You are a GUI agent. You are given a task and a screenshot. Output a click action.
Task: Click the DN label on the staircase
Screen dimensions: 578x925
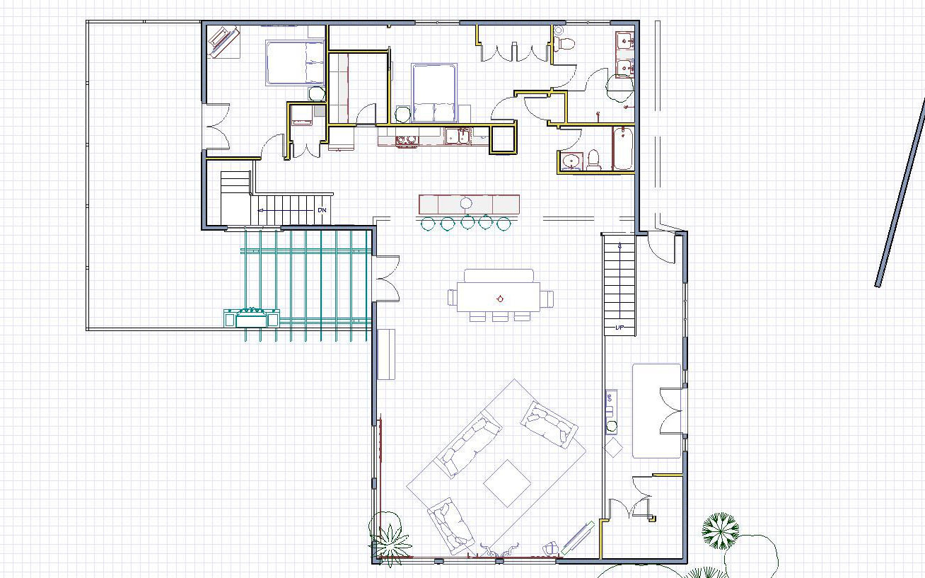pyautogui.click(x=322, y=210)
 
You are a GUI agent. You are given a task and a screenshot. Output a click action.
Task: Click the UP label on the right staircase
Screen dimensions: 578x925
pyautogui.click(x=619, y=328)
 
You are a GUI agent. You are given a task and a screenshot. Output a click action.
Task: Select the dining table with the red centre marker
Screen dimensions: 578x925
pyautogui.click(x=499, y=298)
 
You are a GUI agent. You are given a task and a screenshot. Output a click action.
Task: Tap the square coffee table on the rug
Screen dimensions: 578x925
pyautogui.click(x=507, y=483)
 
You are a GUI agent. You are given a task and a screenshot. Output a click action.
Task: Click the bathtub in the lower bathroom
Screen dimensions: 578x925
pyautogui.click(x=622, y=149)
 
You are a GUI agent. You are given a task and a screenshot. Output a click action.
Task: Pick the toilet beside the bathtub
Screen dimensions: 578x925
pyautogui.click(x=594, y=159)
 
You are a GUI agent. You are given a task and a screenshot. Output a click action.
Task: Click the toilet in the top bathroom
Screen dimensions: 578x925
pyautogui.click(x=564, y=43)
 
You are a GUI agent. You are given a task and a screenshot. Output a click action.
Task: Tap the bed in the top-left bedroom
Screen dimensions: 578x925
pyautogui.click(x=294, y=62)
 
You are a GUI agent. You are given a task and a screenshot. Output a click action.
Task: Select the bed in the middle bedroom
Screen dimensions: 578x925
pyautogui.click(x=434, y=93)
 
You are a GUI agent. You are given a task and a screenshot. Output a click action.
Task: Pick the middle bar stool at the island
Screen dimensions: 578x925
pyautogui.click(x=467, y=224)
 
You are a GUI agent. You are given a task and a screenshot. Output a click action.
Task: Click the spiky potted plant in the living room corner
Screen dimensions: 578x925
pyautogui.click(x=388, y=542)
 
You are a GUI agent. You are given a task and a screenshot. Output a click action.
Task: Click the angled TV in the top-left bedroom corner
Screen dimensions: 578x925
pyautogui.click(x=222, y=42)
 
